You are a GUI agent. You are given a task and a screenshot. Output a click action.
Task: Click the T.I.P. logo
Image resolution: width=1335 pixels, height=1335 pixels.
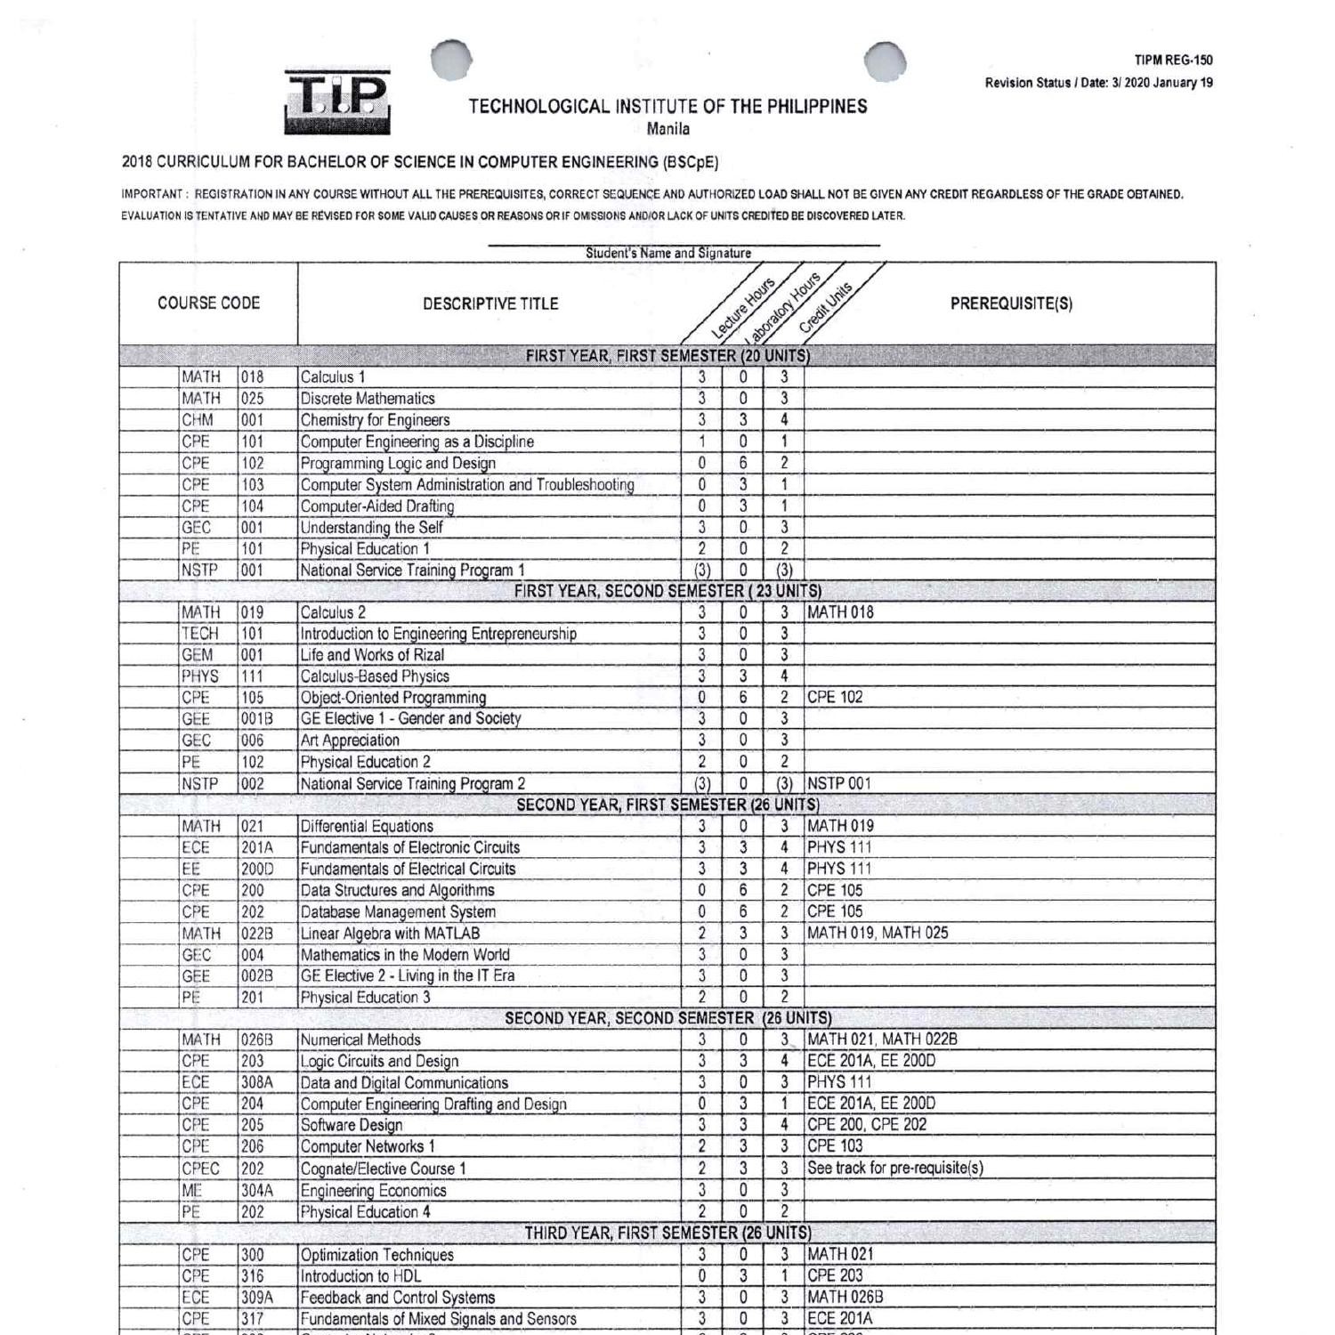(x=337, y=101)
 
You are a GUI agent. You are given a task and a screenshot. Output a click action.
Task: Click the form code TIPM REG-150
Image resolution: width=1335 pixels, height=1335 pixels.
(x=1173, y=61)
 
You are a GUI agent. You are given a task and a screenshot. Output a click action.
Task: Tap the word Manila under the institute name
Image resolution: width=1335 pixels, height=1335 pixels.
(x=667, y=129)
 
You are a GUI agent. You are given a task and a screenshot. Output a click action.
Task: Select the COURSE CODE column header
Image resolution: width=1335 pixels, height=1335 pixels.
(x=208, y=303)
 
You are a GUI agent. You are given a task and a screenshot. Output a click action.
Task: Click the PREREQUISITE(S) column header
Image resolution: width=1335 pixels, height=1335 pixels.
(x=1011, y=303)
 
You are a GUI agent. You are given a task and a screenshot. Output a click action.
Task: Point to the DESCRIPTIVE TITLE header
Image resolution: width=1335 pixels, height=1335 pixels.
(x=490, y=303)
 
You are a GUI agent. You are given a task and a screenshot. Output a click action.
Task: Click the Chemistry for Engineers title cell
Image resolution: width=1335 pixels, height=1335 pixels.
(x=375, y=420)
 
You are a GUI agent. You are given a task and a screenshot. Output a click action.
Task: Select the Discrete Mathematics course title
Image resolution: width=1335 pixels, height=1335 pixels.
(x=368, y=399)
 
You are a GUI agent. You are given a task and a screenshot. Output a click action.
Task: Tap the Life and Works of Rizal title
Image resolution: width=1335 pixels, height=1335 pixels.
(x=372, y=655)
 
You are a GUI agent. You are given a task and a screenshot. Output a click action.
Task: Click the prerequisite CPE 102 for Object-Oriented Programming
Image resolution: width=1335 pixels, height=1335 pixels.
(x=835, y=697)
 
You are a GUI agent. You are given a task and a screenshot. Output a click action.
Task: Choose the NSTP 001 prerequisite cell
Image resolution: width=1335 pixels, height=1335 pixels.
(x=839, y=784)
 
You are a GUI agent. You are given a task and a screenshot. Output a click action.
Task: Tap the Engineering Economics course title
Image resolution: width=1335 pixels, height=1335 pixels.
(x=373, y=1191)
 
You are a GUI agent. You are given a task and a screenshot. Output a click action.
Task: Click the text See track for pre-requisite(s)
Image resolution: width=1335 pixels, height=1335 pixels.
(x=895, y=1169)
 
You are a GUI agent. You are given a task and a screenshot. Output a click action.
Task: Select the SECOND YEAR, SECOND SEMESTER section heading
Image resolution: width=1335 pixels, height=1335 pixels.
(x=667, y=1018)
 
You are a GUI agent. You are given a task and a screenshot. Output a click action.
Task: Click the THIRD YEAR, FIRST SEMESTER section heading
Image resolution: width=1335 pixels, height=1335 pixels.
(x=667, y=1233)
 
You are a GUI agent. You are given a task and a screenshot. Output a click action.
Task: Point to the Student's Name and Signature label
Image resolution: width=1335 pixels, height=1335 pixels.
(x=667, y=253)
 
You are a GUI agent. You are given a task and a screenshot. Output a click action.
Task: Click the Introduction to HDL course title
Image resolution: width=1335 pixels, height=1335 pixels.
(x=360, y=1275)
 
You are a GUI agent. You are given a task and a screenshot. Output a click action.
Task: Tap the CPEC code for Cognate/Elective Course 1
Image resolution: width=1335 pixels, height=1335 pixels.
(x=200, y=1169)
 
